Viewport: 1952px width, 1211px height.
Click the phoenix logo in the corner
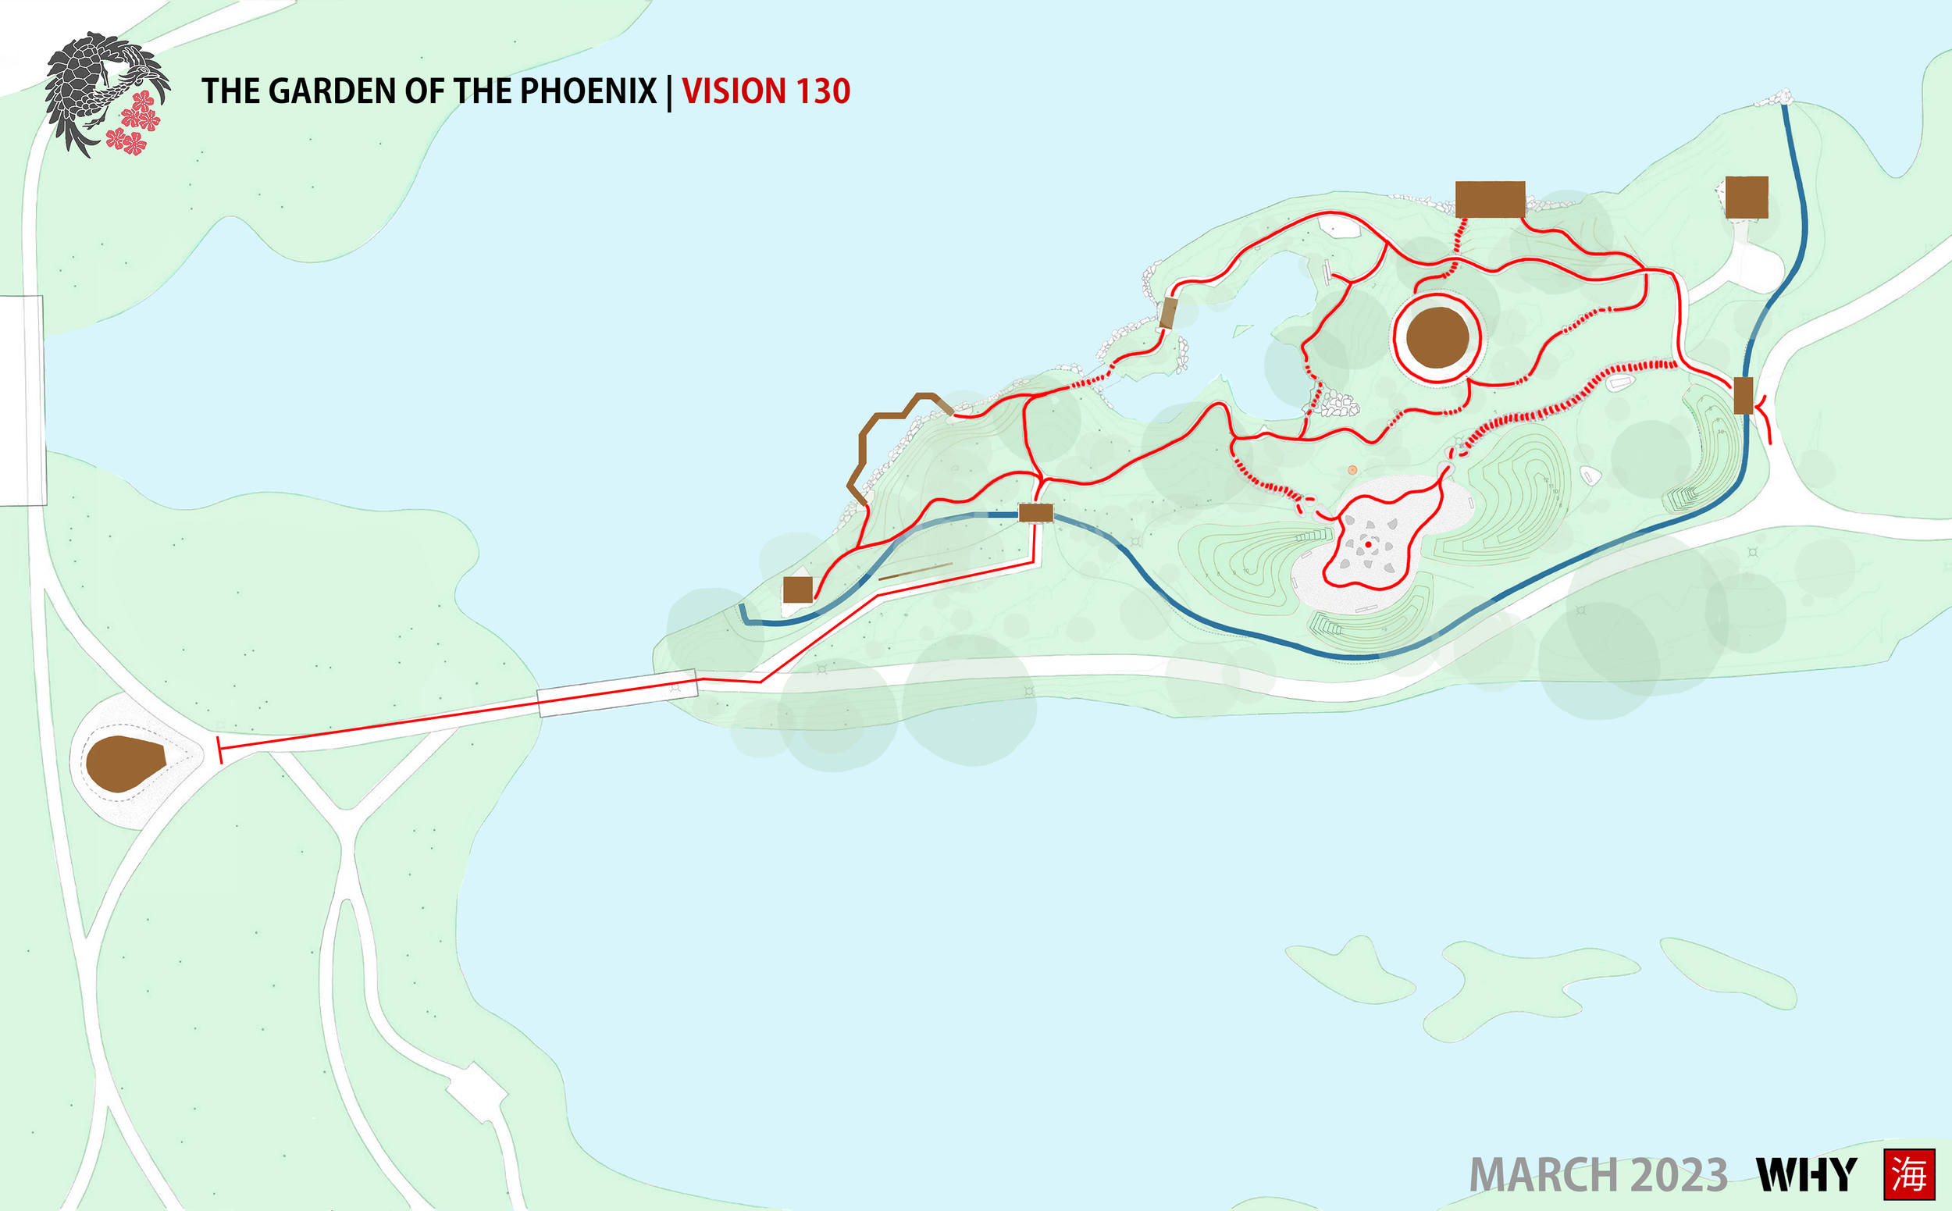tap(105, 94)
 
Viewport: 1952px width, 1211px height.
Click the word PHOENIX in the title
tap(588, 91)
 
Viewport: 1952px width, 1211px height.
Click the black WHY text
tap(1806, 1175)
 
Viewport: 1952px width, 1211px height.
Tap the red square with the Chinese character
tap(1909, 1174)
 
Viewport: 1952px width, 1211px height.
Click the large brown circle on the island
tap(1437, 337)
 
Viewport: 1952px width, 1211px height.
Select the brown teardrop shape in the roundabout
tap(124, 763)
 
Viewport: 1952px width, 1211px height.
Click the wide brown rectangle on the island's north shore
tap(1490, 199)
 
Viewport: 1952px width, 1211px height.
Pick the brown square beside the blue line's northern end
tap(1746, 197)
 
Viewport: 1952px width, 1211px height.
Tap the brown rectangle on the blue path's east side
tap(1743, 396)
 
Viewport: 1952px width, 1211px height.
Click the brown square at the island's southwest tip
tap(798, 589)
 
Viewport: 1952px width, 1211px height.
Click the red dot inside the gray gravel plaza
tap(1368, 545)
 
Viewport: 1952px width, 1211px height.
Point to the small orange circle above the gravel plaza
tap(1352, 470)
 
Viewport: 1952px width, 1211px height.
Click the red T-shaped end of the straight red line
tap(220, 750)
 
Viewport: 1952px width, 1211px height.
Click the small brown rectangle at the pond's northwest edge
tap(1168, 312)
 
